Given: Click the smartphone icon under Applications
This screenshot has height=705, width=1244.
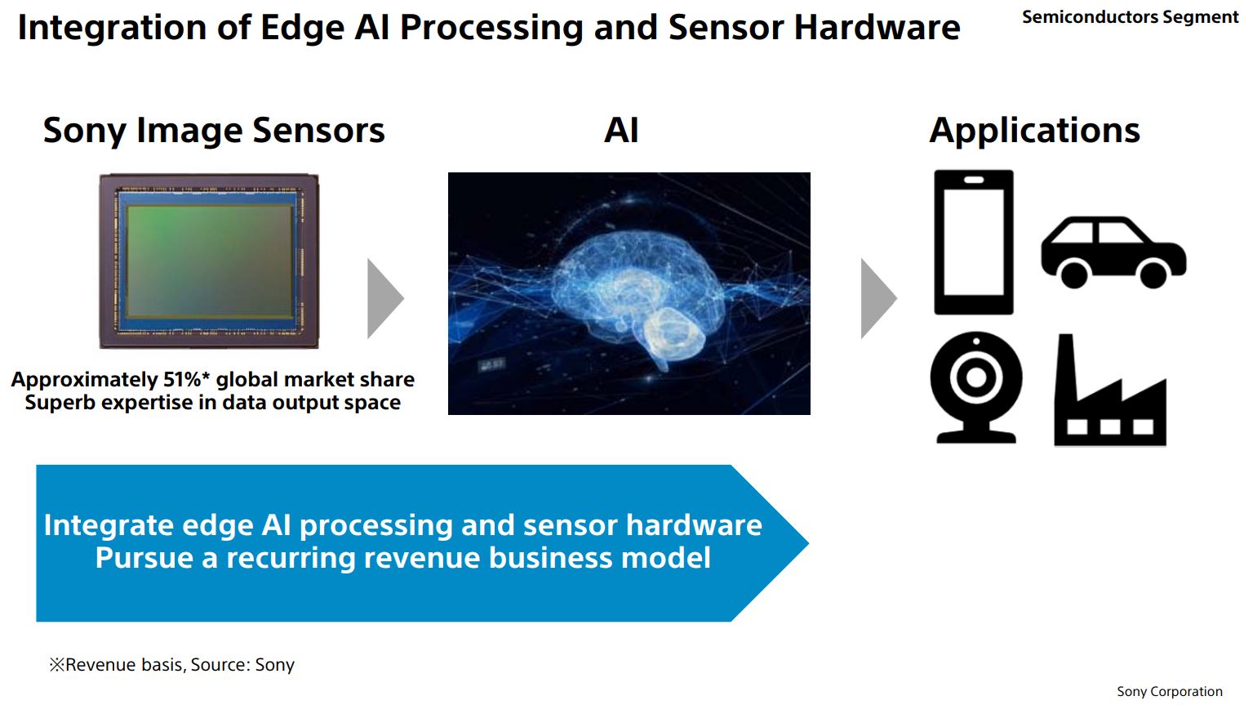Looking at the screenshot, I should click(x=973, y=242).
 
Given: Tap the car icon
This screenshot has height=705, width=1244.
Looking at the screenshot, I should click(x=1113, y=251).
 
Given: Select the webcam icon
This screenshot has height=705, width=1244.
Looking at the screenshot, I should click(x=975, y=386).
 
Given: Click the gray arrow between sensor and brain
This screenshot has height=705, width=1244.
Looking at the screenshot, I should click(x=384, y=298).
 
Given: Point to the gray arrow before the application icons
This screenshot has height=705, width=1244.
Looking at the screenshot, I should click(x=877, y=298).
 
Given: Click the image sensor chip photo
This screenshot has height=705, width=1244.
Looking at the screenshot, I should click(x=209, y=261).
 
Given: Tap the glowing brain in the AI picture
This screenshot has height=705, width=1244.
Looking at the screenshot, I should click(x=629, y=286).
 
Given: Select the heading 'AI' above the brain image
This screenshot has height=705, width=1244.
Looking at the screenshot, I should click(x=621, y=131).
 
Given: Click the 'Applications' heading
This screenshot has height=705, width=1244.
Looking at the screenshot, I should click(x=1034, y=131).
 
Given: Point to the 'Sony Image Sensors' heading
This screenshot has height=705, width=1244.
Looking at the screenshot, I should click(x=214, y=131).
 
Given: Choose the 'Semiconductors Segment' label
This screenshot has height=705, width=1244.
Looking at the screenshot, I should click(x=1130, y=17).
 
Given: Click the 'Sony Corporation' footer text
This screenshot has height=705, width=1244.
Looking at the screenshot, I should click(x=1169, y=691).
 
